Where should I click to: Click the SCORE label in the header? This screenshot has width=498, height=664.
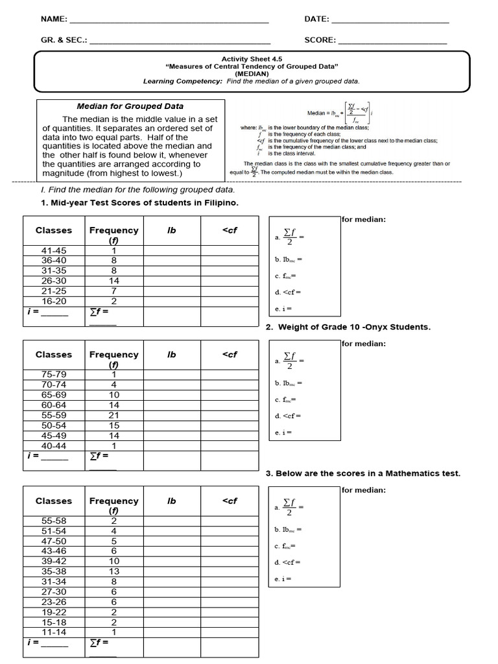(320, 40)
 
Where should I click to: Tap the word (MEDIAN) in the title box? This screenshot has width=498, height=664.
(252, 74)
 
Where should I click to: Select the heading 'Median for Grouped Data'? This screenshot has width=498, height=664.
(130, 106)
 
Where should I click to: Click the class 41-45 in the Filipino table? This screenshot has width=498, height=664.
(54, 251)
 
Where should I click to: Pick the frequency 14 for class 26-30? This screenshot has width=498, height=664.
(114, 281)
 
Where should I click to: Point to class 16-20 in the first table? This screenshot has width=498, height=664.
(54, 301)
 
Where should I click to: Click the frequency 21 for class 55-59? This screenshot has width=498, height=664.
(114, 415)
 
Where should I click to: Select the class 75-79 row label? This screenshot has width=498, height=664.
(54, 374)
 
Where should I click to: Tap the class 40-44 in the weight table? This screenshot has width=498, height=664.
(54, 445)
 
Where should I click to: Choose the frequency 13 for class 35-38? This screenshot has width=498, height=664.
(114, 571)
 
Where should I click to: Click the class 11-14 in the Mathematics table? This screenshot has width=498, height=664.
(54, 632)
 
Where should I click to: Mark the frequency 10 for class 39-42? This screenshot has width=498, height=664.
(114, 561)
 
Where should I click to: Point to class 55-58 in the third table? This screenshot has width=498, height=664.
(54, 521)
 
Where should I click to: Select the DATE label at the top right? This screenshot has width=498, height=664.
(316, 19)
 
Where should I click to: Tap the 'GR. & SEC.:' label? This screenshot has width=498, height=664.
(64, 40)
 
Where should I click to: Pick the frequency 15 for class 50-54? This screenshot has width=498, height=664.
(114, 425)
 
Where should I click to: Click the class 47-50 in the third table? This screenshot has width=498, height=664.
(54, 541)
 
